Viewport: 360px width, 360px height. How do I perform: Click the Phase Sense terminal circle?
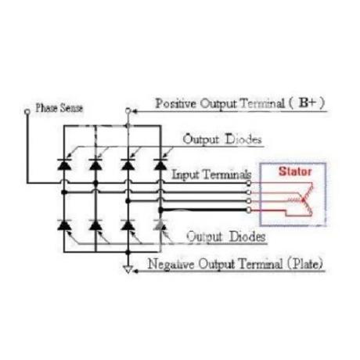[x=27, y=112]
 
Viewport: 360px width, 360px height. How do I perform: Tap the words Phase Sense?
[x=59, y=108]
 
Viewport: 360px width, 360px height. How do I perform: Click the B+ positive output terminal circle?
[x=128, y=111]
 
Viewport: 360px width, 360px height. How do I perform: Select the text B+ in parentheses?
[x=308, y=103]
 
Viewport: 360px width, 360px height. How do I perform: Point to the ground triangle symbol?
[x=128, y=269]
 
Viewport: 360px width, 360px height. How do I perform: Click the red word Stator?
[x=295, y=171]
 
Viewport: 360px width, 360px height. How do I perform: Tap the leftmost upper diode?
[x=64, y=164]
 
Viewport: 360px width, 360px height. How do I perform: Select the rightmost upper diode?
[x=160, y=164]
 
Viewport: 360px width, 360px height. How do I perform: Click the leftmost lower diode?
[x=64, y=225]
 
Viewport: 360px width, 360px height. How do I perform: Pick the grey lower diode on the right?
[x=160, y=225]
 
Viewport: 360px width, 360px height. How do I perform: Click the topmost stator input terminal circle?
[x=249, y=183]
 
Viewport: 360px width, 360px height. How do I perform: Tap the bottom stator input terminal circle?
[x=249, y=210]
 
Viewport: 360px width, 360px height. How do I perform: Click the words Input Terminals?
[x=211, y=175]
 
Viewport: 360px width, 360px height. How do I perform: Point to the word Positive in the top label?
[x=176, y=103]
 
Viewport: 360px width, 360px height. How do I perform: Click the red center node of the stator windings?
[x=303, y=200]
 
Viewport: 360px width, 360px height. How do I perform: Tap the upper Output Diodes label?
[x=222, y=139]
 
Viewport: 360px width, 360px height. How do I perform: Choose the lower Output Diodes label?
[x=226, y=236]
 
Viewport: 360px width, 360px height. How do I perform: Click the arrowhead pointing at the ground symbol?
[x=135, y=272]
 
